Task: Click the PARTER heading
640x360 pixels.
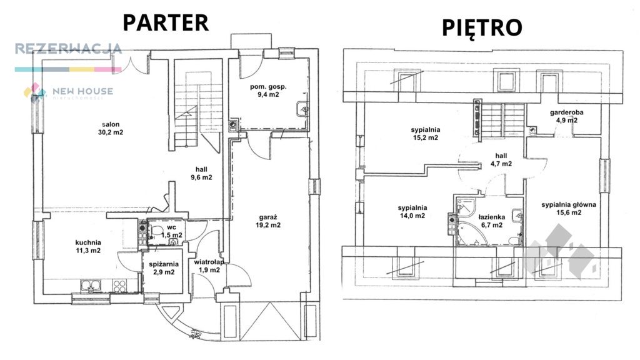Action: pyautogui.click(x=166, y=22)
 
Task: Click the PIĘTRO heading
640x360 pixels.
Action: pyautogui.click(x=482, y=27)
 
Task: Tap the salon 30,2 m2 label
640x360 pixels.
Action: pyautogui.click(x=111, y=128)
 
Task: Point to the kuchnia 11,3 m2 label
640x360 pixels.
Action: pyautogui.click(x=88, y=246)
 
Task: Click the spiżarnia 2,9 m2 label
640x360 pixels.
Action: pyautogui.click(x=164, y=267)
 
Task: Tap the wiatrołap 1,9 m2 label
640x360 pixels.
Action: pyautogui.click(x=209, y=266)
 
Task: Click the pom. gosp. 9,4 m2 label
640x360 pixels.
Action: pyautogui.click(x=268, y=90)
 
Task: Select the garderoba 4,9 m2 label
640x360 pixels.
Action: pyautogui.click(x=566, y=116)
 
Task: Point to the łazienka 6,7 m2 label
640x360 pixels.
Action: pyautogui.click(x=492, y=221)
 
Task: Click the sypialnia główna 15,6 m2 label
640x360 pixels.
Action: pyautogui.click(x=569, y=209)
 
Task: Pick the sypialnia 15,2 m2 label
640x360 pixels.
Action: pyautogui.click(x=425, y=134)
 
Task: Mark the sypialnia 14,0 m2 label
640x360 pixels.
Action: pyautogui.click(x=412, y=211)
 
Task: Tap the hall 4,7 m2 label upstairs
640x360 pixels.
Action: pyautogui.click(x=501, y=159)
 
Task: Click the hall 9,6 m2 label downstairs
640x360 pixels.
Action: pyautogui.click(x=201, y=173)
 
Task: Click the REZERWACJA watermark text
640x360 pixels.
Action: pyautogui.click(x=69, y=49)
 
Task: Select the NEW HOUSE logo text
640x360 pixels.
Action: pyautogui.click(x=83, y=91)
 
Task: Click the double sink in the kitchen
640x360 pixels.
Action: pyautogui.click(x=91, y=285)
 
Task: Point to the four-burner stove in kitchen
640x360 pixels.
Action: pyautogui.click(x=119, y=286)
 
